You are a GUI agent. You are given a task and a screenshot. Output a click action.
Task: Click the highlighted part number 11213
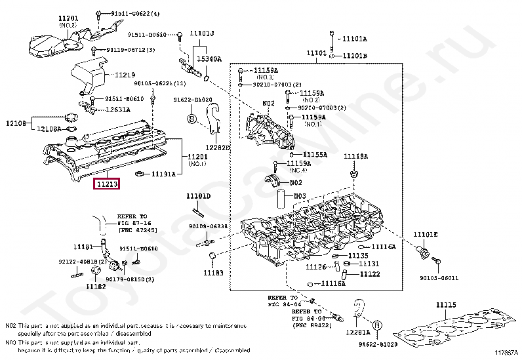pos(107,185)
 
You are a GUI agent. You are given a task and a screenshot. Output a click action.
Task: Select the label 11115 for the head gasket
pos(445,305)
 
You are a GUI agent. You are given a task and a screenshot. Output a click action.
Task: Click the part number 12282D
pos(218,148)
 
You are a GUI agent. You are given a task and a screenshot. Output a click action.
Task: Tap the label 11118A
pos(357,157)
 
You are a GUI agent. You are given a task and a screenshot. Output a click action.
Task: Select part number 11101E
pos(425,234)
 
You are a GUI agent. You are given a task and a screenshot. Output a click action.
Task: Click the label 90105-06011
pos(439,277)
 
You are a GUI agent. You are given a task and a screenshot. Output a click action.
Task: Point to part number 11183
pos(213,272)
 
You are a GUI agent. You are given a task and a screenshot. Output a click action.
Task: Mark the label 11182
pos(95,286)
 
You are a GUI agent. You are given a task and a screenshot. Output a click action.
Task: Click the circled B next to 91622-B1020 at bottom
pos(377,325)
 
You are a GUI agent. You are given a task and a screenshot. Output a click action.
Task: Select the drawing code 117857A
pos(504,354)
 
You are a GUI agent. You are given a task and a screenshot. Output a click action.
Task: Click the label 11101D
pos(198,195)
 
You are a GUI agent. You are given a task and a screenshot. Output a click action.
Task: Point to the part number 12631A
pos(119,110)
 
